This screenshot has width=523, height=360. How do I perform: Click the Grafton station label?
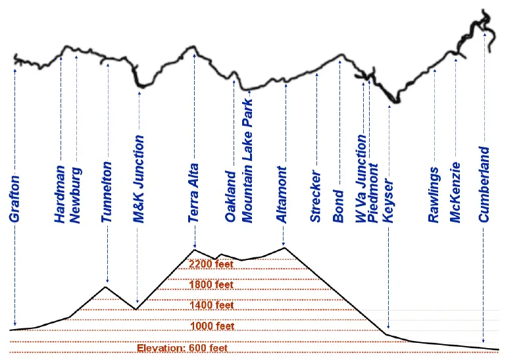(15, 199)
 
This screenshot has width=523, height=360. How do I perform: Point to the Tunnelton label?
(107, 192)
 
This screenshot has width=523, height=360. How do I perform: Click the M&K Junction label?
(139, 179)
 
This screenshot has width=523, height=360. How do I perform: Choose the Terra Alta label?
(193, 195)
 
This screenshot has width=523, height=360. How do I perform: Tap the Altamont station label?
(284, 195)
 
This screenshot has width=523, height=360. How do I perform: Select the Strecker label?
(316, 197)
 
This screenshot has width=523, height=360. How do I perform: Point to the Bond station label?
(339, 207)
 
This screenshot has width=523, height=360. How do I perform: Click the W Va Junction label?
(361, 179)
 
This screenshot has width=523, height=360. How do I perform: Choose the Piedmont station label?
(374, 194)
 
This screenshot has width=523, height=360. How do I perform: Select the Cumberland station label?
(484, 184)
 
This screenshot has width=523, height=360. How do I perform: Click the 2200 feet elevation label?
(211, 265)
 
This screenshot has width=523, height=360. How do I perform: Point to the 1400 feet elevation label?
(211, 305)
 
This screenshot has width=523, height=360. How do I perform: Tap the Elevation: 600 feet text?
(182, 348)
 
